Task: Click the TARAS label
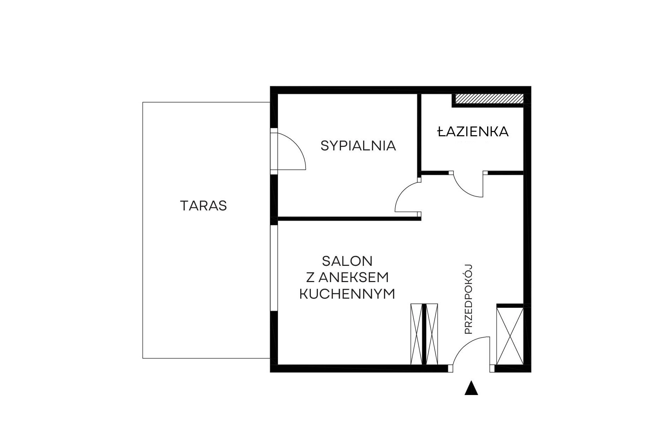coord(203,205)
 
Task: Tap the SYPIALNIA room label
coord(358,145)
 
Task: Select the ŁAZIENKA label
coord(473,131)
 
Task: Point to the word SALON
coord(347,261)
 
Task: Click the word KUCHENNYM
coord(347,294)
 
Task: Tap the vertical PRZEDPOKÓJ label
coord(468,299)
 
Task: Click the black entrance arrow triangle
coord(471,388)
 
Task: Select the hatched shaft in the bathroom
coord(489,99)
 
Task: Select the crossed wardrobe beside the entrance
coord(510,336)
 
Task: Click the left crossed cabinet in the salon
coord(416,334)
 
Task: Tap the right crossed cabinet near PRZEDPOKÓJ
coord(432,334)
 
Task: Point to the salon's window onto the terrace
coord(274,268)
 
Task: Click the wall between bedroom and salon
coord(349,219)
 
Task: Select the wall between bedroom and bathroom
coord(419,133)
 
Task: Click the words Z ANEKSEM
coord(347,277)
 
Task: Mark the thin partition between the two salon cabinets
coord(424,334)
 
